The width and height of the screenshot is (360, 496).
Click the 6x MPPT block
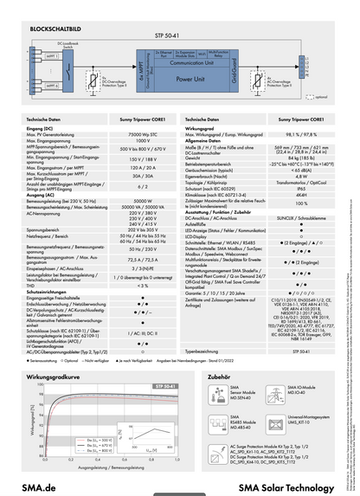(x=139, y=68)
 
